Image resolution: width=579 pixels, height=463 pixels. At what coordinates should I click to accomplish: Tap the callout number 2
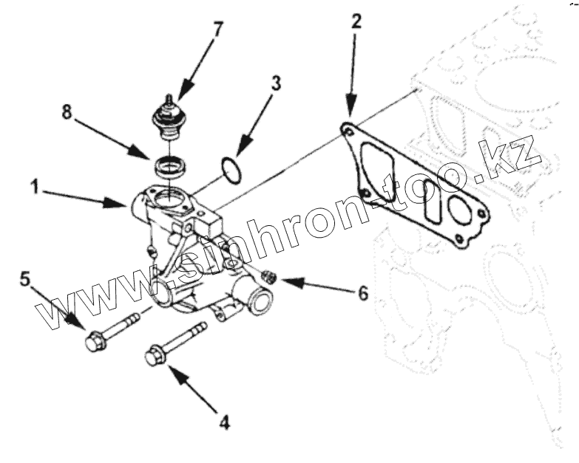click(x=356, y=21)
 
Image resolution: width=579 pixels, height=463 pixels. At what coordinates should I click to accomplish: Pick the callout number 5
click(x=26, y=278)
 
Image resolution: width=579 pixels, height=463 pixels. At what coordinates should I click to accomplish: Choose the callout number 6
click(x=362, y=292)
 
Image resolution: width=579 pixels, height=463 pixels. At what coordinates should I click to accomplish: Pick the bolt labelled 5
click(x=111, y=332)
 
